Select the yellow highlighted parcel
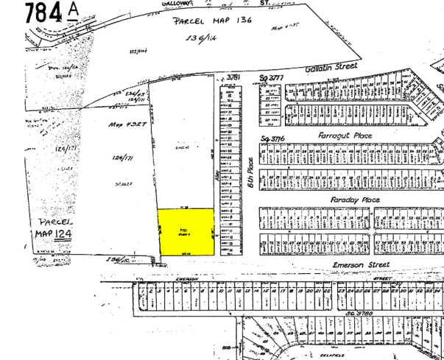[x=187, y=232]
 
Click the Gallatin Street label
[x=331, y=67]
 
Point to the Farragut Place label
[x=345, y=135]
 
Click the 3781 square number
[x=234, y=77]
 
